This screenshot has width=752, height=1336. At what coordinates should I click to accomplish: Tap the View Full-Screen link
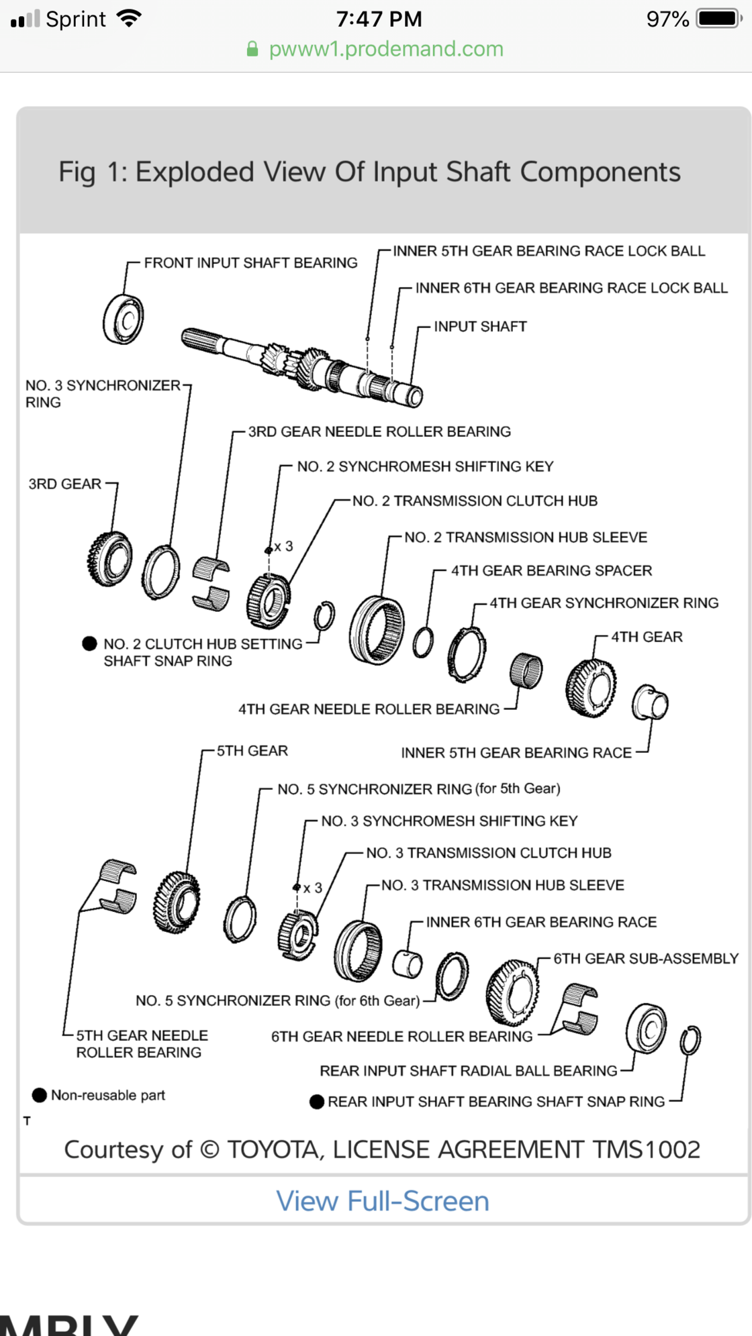point(383,1201)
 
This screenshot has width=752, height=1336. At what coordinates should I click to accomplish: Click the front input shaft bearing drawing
point(124,319)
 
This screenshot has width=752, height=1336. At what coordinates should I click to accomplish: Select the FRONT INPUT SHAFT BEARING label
point(250,263)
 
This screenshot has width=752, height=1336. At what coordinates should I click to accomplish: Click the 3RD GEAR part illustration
point(109,558)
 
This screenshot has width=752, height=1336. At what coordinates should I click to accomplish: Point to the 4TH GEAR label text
point(647,637)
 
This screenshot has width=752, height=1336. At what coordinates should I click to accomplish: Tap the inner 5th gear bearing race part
point(650,703)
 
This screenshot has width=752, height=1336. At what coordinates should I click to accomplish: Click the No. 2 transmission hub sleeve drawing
point(377,630)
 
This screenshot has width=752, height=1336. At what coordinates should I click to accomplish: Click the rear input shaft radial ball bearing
point(647,1028)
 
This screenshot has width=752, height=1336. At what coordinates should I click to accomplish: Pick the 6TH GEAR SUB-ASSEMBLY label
point(646,959)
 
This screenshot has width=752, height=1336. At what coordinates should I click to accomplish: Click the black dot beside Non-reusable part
point(40,1095)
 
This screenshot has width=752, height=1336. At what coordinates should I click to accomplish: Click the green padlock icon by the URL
point(252,49)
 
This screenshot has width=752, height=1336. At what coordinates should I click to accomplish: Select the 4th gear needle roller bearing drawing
point(526,670)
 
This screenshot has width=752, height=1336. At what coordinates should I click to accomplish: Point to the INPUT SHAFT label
point(480,327)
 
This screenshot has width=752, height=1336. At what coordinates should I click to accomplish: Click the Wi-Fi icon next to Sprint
point(128,18)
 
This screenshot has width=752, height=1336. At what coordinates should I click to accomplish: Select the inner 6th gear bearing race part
point(408,965)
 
